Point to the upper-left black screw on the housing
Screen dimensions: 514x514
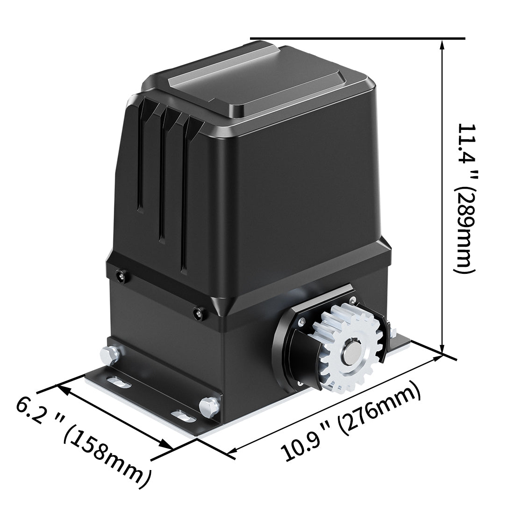coord(122,276)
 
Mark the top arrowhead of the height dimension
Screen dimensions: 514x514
coord(443,43)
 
